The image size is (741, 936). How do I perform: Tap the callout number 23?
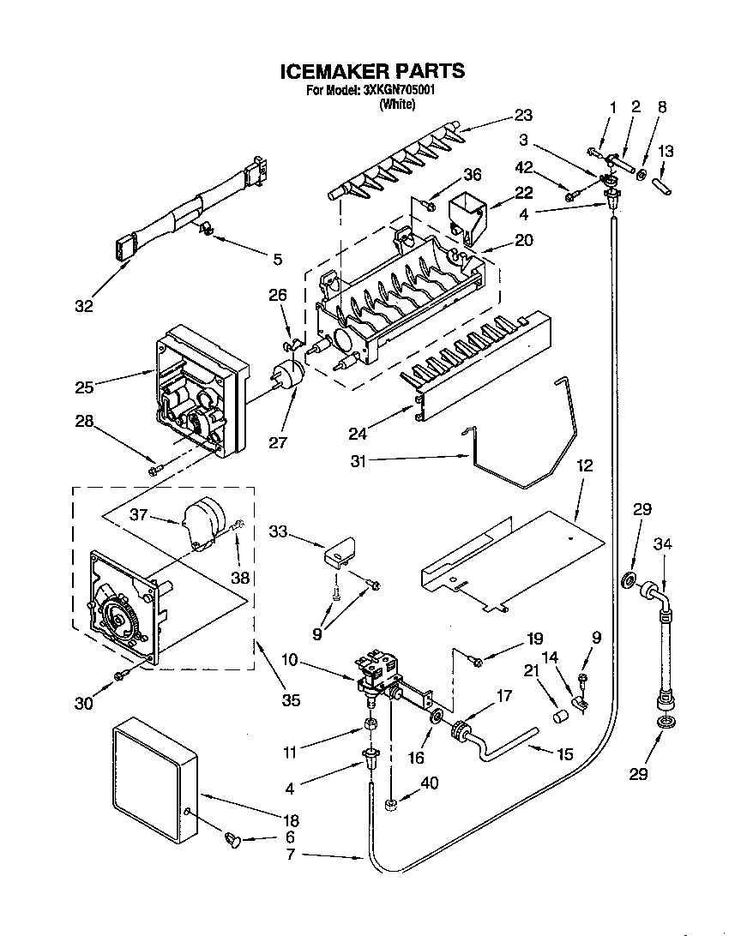(523, 116)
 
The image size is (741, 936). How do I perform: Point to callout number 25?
(84, 387)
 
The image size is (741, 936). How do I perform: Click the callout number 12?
(584, 466)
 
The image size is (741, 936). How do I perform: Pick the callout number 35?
(291, 699)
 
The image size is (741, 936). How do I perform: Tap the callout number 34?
(662, 543)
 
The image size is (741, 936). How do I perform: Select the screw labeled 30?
(121, 676)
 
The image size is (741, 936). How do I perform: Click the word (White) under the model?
(397, 105)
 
